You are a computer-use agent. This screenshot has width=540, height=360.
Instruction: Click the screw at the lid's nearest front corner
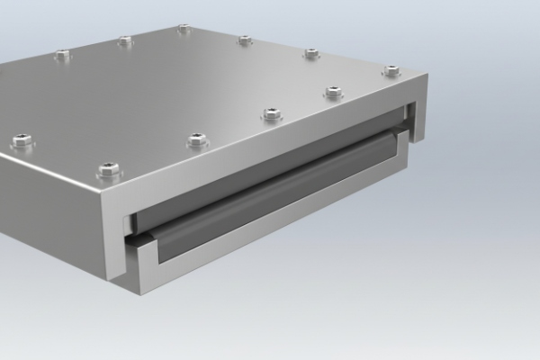point(109,167)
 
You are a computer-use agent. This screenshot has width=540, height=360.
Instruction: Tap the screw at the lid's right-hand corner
point(391,70)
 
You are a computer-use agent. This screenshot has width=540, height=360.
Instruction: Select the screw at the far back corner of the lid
point(184,29)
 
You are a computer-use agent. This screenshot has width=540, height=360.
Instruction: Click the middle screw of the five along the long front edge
point(271,113)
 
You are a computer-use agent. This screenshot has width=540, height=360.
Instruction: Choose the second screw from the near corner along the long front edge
point(198,139)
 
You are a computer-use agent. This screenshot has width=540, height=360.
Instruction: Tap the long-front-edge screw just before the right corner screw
point(333,92)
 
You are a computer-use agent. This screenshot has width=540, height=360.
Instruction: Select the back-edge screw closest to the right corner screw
point(311,53)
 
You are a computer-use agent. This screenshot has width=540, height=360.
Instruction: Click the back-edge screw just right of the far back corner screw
point(244,40)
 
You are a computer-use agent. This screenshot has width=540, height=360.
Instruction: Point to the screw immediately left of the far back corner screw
point(125,40)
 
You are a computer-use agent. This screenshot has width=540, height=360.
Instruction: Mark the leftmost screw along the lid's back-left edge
point(61,55)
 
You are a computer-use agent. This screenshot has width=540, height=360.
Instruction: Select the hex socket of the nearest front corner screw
point(109,166)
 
